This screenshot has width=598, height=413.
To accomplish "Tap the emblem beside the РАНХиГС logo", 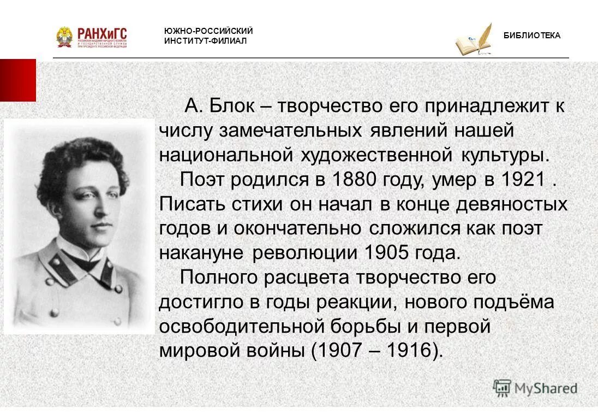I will (65, 37).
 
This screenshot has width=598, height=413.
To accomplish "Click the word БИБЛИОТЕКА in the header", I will (531, 36).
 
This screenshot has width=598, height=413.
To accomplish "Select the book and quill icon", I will (473, 40).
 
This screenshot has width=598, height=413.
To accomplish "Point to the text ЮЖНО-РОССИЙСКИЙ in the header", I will (208, 31).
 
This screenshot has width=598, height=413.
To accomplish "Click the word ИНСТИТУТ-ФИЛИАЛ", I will (205, 41).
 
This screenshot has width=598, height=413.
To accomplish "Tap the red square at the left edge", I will (17, 80).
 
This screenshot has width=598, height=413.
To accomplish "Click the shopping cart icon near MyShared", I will (501, 387).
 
